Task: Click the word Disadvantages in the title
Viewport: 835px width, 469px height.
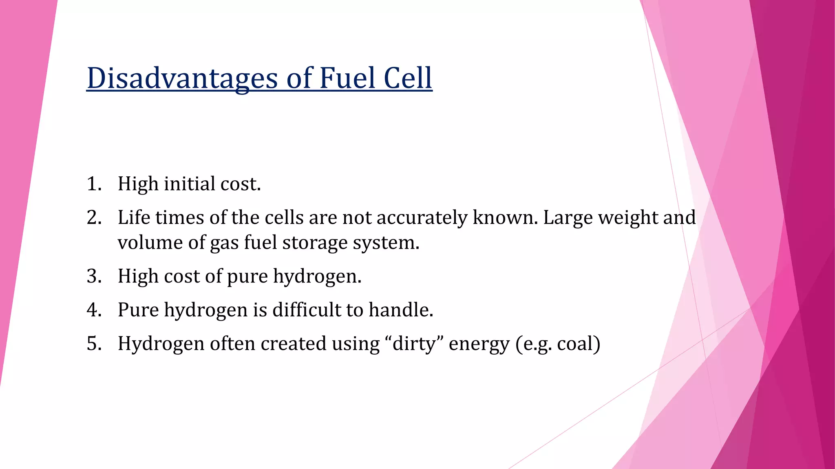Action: [x=182, y=78]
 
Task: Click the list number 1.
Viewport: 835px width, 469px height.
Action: [x=94, y=184]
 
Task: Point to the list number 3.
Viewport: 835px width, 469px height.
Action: [x=94, y=276]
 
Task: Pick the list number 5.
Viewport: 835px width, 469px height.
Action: [x=94, y=344]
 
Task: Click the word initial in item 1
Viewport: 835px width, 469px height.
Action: [x=189, y=184]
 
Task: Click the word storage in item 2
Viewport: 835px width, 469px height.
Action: [x=314, y=243]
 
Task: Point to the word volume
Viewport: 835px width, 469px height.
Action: [x=150, y=243]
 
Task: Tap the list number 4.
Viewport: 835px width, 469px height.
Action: [x=94, y=310]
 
